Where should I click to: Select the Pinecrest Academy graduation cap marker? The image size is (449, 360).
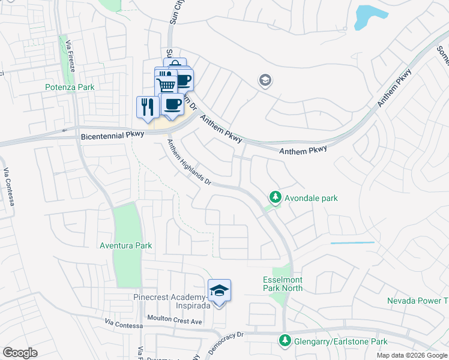click(219, 291)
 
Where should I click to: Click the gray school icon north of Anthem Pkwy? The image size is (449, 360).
click(264, 80)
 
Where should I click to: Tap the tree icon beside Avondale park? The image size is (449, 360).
click(275, 197)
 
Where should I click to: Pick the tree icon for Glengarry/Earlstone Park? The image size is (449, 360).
click(284, 341)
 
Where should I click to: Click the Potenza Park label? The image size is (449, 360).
click(70, 87)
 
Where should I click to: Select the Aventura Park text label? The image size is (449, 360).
click(126, 245)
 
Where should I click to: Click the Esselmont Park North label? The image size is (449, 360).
click(283, 284)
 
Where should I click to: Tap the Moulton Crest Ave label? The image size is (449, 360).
click(175, 321)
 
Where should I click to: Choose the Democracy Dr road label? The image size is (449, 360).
click(225, 342)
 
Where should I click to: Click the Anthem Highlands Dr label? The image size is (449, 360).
click(190, 162)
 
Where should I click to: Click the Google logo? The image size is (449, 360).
click(20, 353)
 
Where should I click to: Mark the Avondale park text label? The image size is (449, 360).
click(311, 198)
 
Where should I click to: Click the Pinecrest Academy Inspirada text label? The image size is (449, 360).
click(171, 301)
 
